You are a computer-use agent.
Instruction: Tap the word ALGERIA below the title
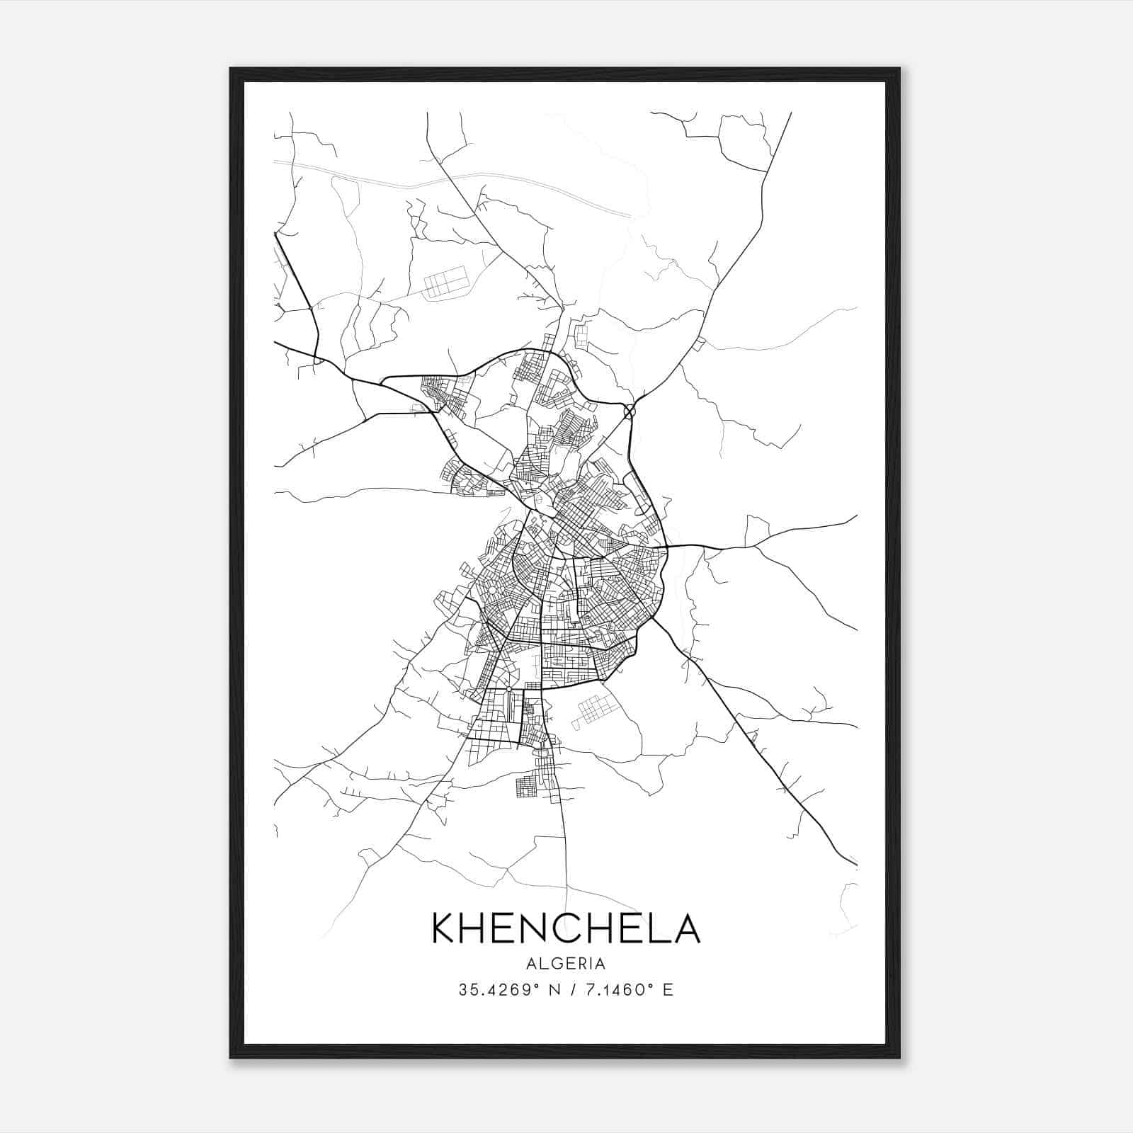566,964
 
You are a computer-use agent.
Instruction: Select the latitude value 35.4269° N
506,990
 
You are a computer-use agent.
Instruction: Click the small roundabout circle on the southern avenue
508,688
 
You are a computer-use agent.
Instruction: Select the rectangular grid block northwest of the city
446,282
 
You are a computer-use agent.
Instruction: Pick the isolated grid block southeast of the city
593,709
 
